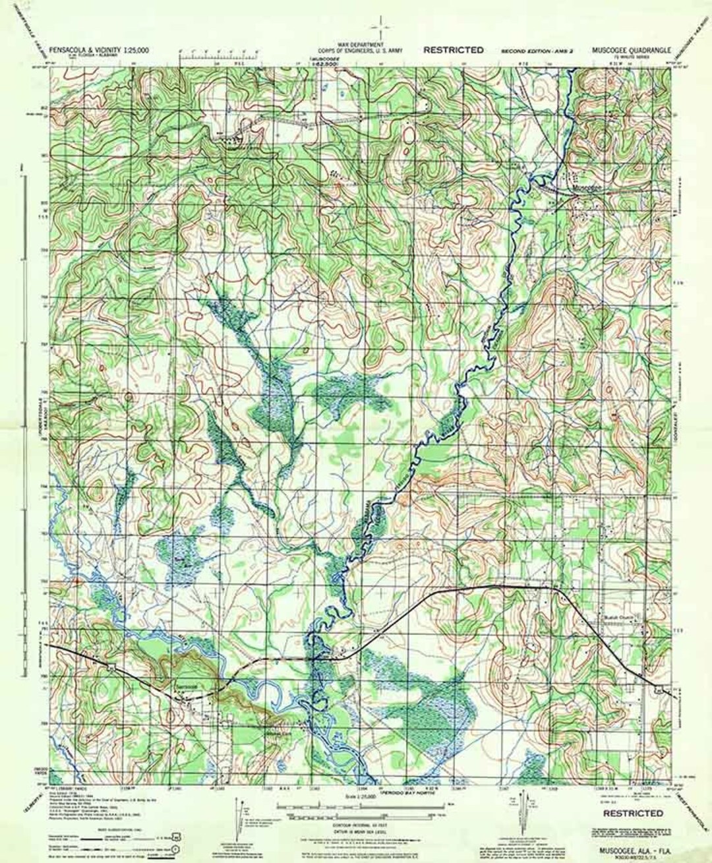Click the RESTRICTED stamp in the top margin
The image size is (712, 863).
454,49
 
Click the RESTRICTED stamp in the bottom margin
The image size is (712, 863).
633,814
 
